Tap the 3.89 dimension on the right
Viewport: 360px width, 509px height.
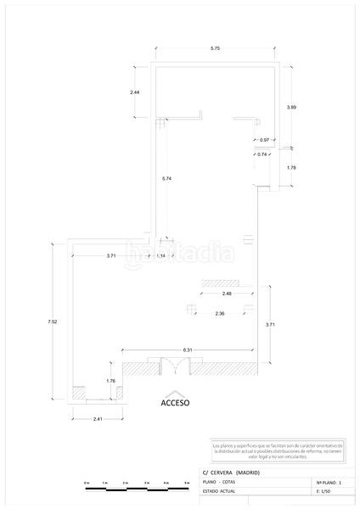[x=291, y=107]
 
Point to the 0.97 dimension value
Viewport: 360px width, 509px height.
[x=264, y=140]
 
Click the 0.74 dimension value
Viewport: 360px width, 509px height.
[x=263, y=154]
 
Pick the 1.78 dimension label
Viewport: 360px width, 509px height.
[x=291, y=167]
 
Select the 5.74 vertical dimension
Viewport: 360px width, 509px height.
[x=167, y=177]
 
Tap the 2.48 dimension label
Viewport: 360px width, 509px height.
[x=226, y=294]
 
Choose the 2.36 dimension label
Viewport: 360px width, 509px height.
[x=220, y=314]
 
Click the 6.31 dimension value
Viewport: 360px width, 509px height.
[x=187, y=350]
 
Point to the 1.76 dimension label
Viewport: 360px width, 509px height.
[x=110, y=381]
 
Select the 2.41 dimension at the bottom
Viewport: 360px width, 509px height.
[x=98, y=418]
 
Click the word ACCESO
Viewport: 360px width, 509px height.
[x=175, y=404]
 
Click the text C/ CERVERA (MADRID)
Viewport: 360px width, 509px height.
[x=231, y=472]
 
